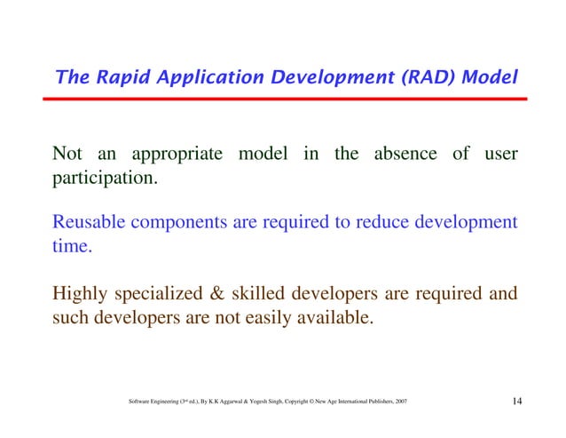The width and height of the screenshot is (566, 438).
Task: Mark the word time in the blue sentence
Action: (x=73, y=247)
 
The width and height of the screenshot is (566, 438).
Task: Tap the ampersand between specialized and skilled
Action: (x=229, y=293)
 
